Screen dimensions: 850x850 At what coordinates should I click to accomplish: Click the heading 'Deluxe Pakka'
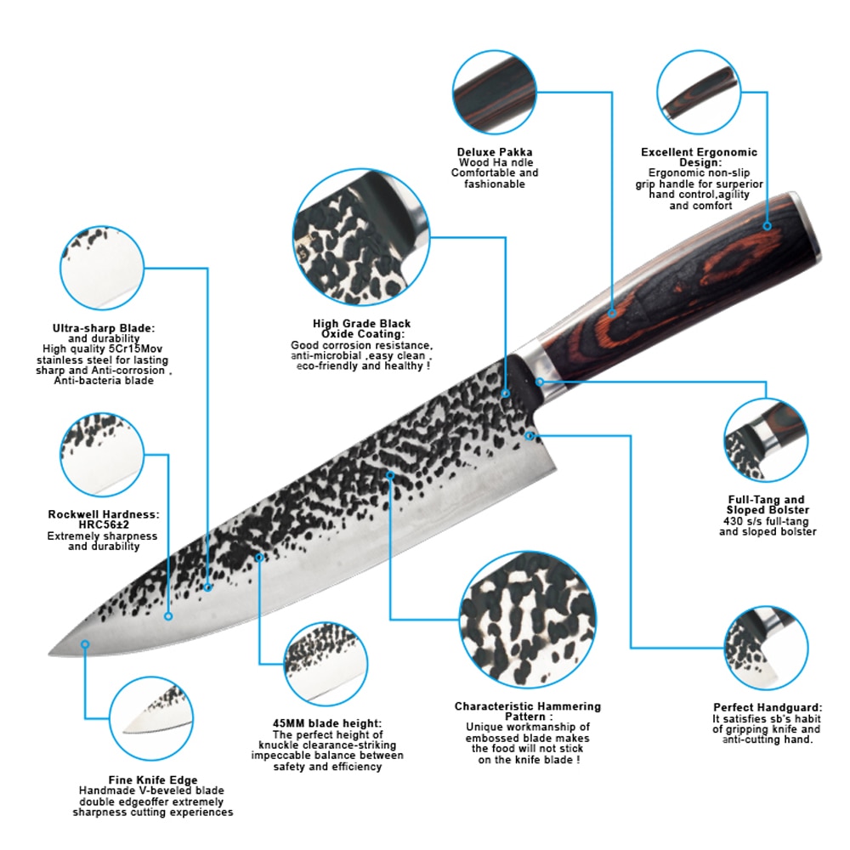coord(495,152)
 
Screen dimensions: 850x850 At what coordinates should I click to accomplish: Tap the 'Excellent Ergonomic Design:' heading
coord(699,157)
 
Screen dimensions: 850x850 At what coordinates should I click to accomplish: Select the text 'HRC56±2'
coord(104,524)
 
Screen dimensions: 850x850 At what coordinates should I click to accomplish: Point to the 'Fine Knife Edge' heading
coord(153,780)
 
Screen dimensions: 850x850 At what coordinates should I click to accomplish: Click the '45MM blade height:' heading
coord(327,723)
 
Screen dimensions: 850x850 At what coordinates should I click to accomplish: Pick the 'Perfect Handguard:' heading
coord(768,707)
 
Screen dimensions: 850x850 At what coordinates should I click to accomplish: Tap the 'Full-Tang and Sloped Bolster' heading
coord(767,505)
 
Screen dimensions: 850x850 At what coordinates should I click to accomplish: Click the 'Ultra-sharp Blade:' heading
coord(104,328)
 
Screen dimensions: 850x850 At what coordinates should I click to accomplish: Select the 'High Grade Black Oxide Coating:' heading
coord(361,328)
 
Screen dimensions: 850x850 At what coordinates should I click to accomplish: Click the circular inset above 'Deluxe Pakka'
coord(494,92)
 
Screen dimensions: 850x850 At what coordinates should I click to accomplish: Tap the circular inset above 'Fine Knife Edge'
coord(151,718)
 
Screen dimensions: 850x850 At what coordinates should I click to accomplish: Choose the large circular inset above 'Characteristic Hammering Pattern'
coord(528,620)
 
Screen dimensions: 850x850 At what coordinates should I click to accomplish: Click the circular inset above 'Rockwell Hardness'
coord(102,455)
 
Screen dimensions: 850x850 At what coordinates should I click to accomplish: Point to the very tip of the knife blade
coord(50,653)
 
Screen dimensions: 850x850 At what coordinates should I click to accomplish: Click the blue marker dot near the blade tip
coord(85,644)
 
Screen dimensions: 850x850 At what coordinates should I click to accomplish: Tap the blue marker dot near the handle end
coord(767,226)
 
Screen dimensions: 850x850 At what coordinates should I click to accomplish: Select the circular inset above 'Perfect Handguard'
coord(766,649)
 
